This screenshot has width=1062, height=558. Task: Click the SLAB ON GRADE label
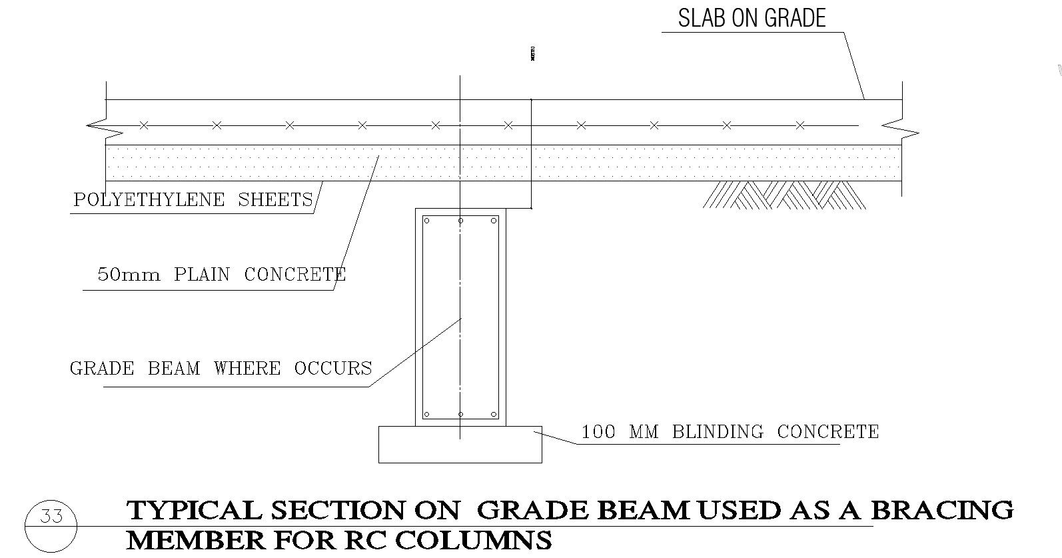pyautogui.click(x=752, y=18)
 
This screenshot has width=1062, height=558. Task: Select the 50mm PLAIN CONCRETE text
pyautogui.click(x=221, y=275)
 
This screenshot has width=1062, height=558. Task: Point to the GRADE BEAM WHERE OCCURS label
pyautogui.click(x=221, y=369)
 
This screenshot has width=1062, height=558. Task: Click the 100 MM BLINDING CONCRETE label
pyautogui.click(x=730, y=432)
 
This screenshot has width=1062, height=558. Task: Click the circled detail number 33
pyautogui.click(x=51, y=517)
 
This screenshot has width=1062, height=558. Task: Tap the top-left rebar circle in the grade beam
pyautogui.click(x=427, y=221)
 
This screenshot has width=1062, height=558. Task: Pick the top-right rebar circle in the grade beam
pyautogui.click(x=494, y=221)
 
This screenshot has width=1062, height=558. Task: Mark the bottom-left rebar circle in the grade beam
pyautogui.click(x=427, y=414)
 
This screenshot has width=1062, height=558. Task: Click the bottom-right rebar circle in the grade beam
pyautogui.click(x=494, y=414)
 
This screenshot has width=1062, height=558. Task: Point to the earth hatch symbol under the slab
pyautogui.click(x=784, y=195)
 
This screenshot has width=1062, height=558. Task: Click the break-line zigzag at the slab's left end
pyautogui.click(x=97, y=125)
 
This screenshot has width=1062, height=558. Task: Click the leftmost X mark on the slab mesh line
pyautogui.click(x=143, y=125)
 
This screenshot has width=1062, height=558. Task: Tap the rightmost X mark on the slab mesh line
pyautogui.click(x=800, y=125)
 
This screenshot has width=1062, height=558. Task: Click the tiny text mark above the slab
pyautogui.click(x=533, y=54)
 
